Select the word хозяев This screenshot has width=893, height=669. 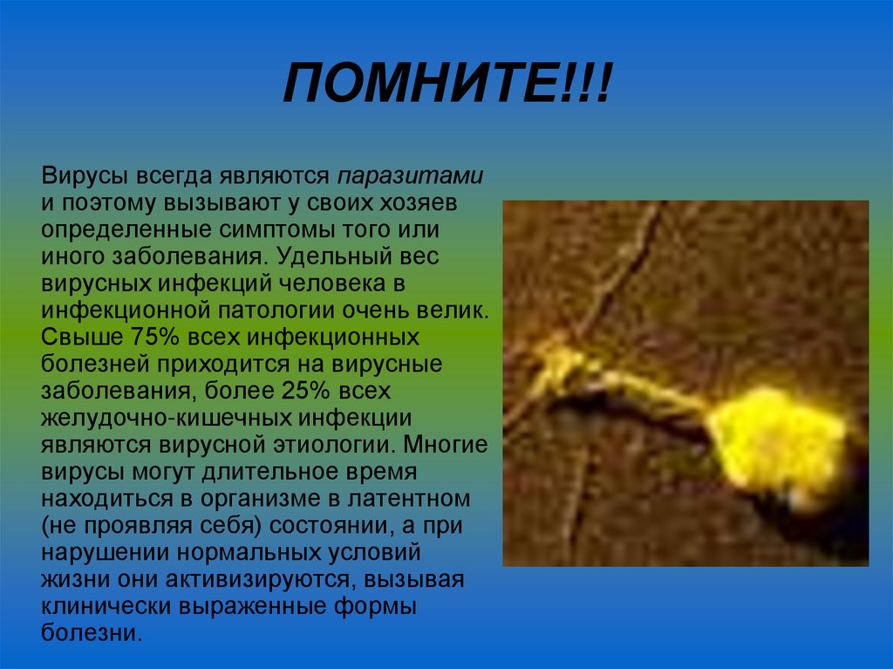point(426,204)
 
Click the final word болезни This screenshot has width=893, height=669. point(91,634)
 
